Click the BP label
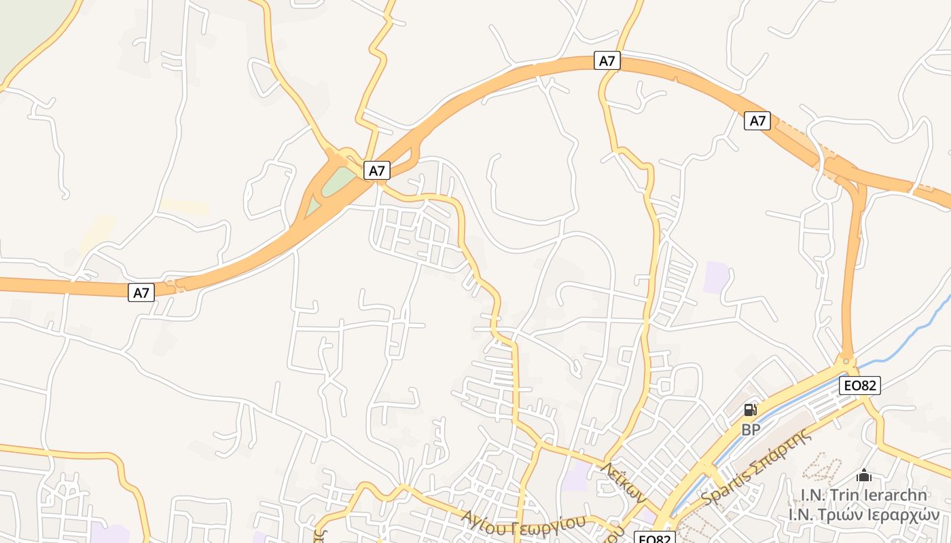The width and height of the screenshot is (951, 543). tap(750, 430)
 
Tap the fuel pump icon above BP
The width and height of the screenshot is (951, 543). tap(750, 410)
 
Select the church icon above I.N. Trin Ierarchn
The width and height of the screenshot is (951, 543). tap(864, 476)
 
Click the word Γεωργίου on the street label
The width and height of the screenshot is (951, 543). tap(544, 525)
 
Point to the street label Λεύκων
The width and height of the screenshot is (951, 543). tap(623, 482)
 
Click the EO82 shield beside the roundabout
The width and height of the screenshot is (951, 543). tap(859, 386)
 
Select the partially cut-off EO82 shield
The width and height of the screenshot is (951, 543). tap(653, 538)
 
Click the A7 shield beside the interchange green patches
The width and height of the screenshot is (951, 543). tap(376, 170)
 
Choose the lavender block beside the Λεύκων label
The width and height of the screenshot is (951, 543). tap(576, 476)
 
